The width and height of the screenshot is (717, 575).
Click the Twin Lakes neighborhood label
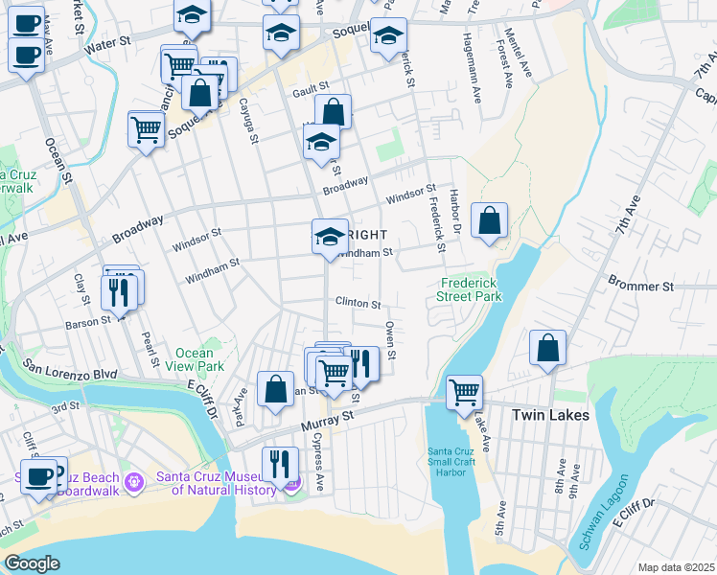coord(550,415)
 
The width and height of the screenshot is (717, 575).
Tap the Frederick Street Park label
coord(472,290)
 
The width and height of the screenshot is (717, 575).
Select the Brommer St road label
coord(641,286)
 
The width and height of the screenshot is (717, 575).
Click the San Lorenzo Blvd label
coord(70,370)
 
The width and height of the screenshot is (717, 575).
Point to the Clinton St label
coord(358,303)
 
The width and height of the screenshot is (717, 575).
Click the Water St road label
coord(107,43)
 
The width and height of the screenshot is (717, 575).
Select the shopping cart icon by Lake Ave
coord(464,391)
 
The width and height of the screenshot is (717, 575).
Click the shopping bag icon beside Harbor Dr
coord(489,221)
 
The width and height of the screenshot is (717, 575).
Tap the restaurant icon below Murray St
coord(279,463)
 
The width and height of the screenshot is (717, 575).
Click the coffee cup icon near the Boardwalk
coord(39,476)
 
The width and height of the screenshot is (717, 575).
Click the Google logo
coord(32,563)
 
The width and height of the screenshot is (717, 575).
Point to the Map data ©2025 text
coord(676,567)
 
